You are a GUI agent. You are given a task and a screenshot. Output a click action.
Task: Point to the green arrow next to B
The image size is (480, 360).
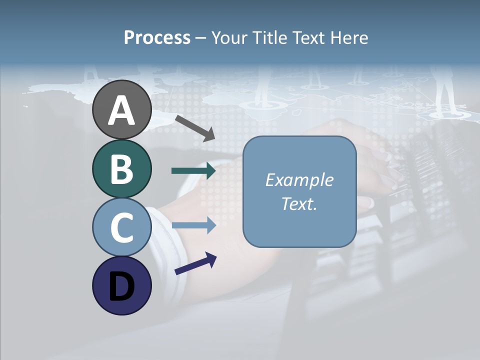coord(193,171)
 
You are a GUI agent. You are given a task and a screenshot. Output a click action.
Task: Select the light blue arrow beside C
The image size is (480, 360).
coord(193,225)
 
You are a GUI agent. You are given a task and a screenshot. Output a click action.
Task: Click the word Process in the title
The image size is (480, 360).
coord(157,37)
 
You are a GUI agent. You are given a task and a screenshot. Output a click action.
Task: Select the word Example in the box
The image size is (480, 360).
coord(299,180)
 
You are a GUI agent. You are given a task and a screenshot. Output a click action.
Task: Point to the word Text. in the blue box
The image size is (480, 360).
coord(299,204)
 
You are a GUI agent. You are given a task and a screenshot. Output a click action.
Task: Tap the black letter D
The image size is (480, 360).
coord(121,286)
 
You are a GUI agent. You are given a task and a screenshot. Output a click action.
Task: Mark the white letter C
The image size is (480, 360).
coord(121,228)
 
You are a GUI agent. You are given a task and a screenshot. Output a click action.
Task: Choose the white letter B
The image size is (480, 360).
coord(121,169)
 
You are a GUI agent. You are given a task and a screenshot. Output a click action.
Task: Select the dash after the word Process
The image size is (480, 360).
coord(200,38)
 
